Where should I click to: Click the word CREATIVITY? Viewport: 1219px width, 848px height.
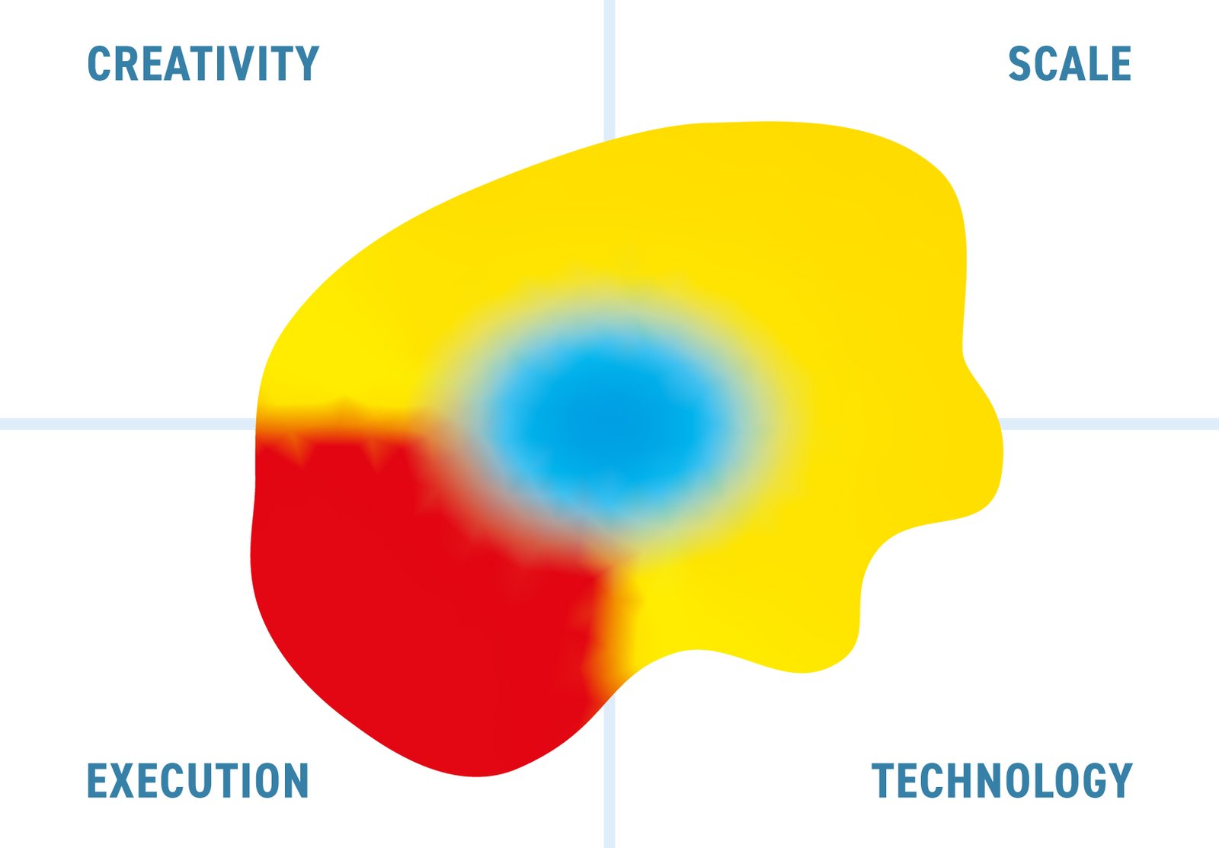203,63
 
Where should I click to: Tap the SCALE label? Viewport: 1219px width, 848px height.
1070,63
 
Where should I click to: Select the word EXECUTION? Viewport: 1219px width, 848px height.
198,780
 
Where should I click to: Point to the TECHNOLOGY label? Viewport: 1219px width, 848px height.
1002,780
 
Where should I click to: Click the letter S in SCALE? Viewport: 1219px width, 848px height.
1019,63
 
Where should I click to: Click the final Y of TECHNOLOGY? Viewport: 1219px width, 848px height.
1120,780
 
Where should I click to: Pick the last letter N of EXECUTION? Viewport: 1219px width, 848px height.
297,780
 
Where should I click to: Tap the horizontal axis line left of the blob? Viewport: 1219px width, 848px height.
128,424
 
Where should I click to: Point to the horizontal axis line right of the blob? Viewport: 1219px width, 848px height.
1110,424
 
